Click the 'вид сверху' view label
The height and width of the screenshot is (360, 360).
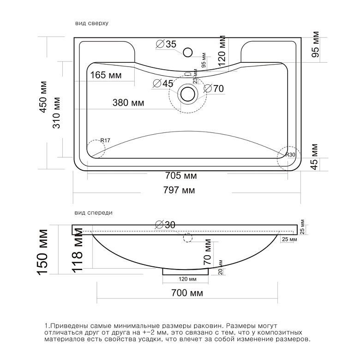tap(91, 23)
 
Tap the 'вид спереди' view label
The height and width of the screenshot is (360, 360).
tap(93, 213)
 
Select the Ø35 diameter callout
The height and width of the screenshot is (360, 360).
tap(166, 44)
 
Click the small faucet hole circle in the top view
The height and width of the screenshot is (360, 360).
tap(187, 52)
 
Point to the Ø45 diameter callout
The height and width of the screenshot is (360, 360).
tap(163, 84)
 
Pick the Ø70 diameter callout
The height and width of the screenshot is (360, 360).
tap(214, 89)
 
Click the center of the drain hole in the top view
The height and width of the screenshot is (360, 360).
tap(188, 94)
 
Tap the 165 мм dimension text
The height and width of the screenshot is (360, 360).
tap(106, 75)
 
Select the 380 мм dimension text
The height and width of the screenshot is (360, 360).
tap(128, 102)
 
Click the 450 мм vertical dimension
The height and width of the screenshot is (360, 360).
tap(43, 97)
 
